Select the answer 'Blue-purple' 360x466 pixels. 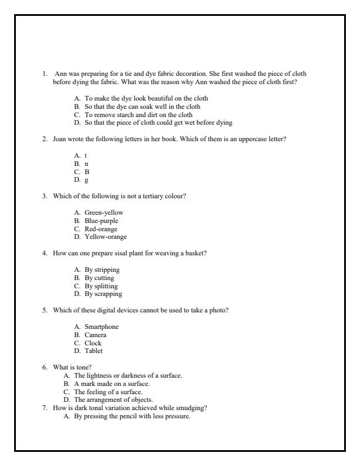pyautogui.click(x=101, y=220)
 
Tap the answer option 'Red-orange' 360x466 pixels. pyautogui.click(x=101, y=228)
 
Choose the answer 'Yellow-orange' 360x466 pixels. pyautogui.click(x=105, y=237)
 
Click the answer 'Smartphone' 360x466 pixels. pyautogui.click(x=102, y=327)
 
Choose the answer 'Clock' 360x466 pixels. pyautogui.click(x=93, y=343)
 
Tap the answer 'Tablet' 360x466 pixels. pyautogui.click(x=94, y=351)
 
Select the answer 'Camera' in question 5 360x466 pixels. pyautogui.click(x=95, y=335)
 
